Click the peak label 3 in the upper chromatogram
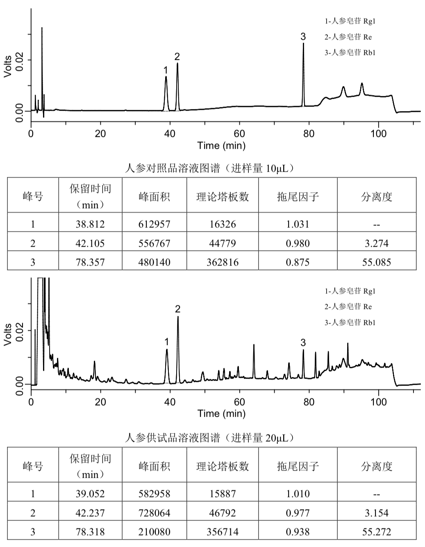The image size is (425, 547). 303,36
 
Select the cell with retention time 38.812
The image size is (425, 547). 90,224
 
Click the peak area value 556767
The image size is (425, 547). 154,243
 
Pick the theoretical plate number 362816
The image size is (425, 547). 223,262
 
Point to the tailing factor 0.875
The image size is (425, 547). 298,262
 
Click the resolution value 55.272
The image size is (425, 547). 377,532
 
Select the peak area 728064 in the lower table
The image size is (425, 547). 154,513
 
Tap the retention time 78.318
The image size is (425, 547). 90,532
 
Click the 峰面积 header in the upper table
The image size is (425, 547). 154,197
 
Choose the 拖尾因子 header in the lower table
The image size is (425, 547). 298,466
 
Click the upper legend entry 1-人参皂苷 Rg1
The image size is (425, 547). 350,21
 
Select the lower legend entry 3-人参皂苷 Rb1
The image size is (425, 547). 350,322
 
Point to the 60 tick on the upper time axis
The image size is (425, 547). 239,134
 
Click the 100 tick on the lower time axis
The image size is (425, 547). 378,402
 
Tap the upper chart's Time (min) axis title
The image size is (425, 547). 221,145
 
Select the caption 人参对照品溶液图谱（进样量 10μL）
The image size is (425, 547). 210,168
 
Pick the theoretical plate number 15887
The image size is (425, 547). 223,494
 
